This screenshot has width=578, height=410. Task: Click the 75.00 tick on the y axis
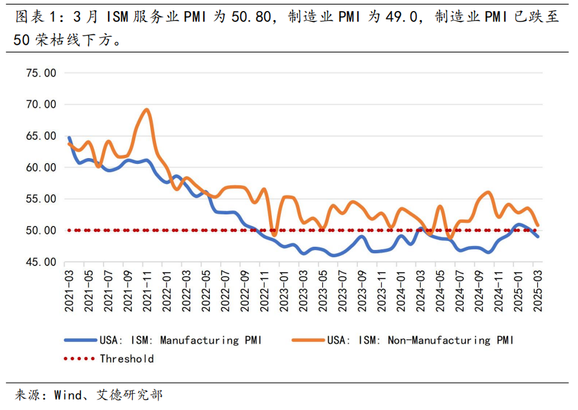41,73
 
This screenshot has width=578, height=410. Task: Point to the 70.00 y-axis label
41,104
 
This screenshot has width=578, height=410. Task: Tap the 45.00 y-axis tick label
41,262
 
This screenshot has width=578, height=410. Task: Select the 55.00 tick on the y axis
41,199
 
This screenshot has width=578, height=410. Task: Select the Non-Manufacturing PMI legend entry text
419,340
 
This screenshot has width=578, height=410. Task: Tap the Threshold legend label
126,358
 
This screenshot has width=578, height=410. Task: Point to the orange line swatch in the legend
307,340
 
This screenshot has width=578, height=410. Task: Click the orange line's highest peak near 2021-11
147,109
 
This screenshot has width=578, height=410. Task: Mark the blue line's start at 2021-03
69,137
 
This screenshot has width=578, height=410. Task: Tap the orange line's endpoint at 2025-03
537,225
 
